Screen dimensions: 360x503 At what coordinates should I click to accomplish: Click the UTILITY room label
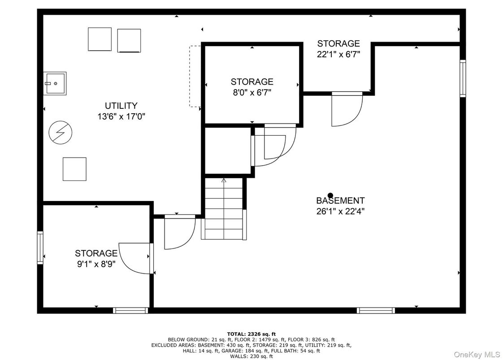(x=121, y=106)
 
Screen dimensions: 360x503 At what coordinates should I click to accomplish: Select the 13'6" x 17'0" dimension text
(x=121, y=116)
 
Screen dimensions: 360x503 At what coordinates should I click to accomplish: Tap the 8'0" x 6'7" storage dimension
(x=251, y=93)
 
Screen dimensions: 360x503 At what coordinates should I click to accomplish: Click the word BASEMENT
(x=340, y=201)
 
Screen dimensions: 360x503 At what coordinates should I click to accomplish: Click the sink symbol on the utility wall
(x=55, y=83)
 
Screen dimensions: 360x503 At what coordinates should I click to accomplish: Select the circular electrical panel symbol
(x=60, y=133)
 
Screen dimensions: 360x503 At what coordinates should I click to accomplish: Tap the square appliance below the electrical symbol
(x=74, y=169)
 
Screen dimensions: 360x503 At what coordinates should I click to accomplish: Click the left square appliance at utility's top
(x=100, y=39)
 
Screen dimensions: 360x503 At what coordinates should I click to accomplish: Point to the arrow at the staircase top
(x=224, y=181)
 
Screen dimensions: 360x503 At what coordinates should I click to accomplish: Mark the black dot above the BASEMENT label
(x=330, y=195)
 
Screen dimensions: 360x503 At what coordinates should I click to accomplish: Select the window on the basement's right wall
(x=462, y=78)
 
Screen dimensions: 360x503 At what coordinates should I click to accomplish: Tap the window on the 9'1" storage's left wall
(x=40, y=248)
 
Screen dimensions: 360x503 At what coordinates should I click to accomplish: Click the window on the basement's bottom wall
(x=376, y=310)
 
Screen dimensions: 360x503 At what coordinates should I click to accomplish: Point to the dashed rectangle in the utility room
(x=194, y=76)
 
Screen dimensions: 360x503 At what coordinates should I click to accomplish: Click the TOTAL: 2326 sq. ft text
(x=251, y=334)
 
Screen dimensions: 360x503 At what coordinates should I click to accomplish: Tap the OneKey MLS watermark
(x=477, y=354)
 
